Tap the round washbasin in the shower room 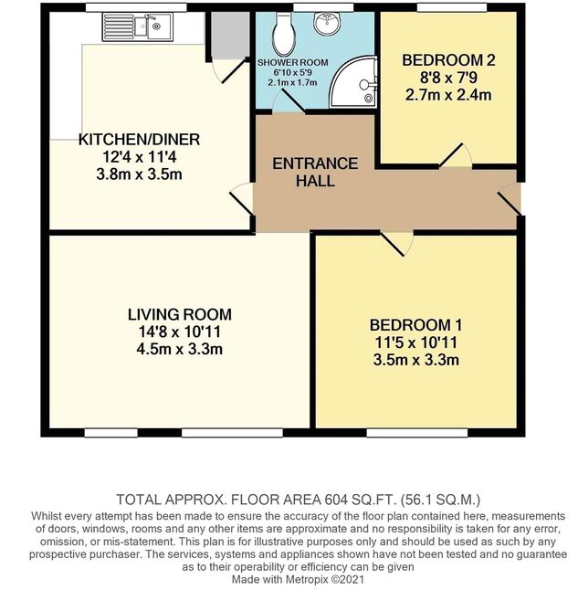[327, 24]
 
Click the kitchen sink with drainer [138, 26]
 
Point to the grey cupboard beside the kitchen [230, 36]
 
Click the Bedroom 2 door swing [456, 156]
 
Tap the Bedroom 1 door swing [397, 244]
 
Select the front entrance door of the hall [510, 199]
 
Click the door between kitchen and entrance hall [242, 199]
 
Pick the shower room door [289, 100]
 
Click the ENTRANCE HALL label [315, 173]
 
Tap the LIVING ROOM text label [180, 314]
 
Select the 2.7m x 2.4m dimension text [448, 95]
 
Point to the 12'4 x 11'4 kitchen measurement [139, 157]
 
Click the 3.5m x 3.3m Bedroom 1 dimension [415, 360]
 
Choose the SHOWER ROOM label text [293, 62]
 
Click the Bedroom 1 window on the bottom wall [417, 433]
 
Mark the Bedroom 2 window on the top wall [452, 7]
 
